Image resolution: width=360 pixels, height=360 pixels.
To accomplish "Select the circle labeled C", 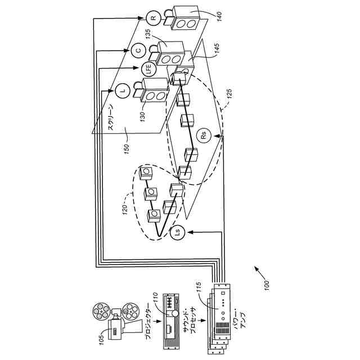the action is pyautogui.click(x=138, y=50).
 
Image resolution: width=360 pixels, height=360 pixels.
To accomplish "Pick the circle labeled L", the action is pyautogui.click(x=123, y=91).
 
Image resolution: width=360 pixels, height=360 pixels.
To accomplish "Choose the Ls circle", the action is pyautogui.click(x=178, y=233).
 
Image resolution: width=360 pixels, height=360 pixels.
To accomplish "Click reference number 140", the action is pyautogui.click(x=219, y=16).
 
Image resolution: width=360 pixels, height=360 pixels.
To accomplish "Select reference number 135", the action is pyautogui.click(x=148, y=34).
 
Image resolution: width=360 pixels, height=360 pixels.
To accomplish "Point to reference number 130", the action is pyautogui.click(x=142, y=117).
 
